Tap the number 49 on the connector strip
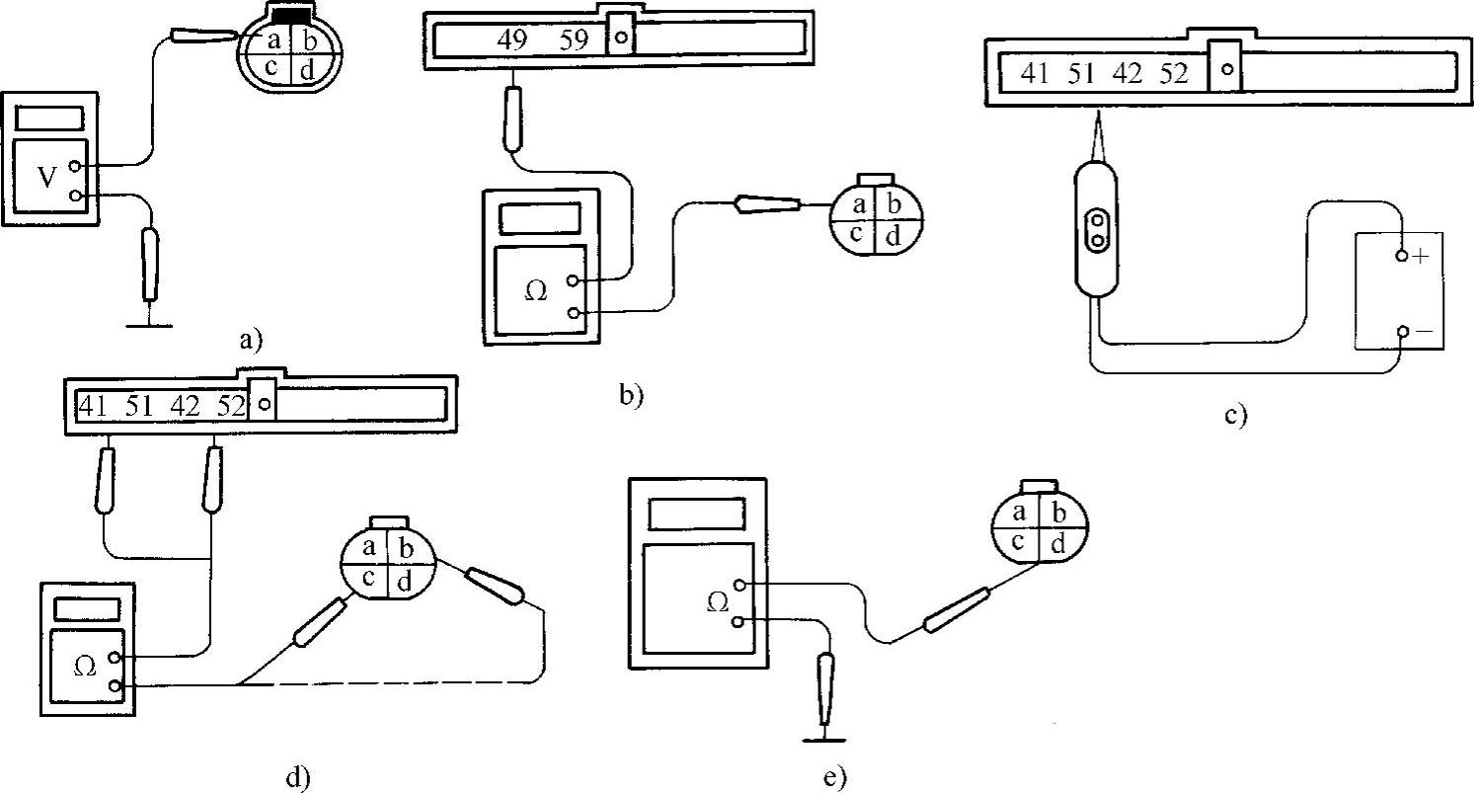click(513, 40)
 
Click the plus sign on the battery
click(1421, 256)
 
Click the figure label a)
click(251, 342)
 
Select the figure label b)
click(630, 395)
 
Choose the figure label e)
click(834, 776)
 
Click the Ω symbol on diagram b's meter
click(535, 293)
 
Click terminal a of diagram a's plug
click(272, 41)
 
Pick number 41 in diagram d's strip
click(92, 405)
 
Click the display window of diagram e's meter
click(696, 515)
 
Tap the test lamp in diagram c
click(1097, 230)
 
